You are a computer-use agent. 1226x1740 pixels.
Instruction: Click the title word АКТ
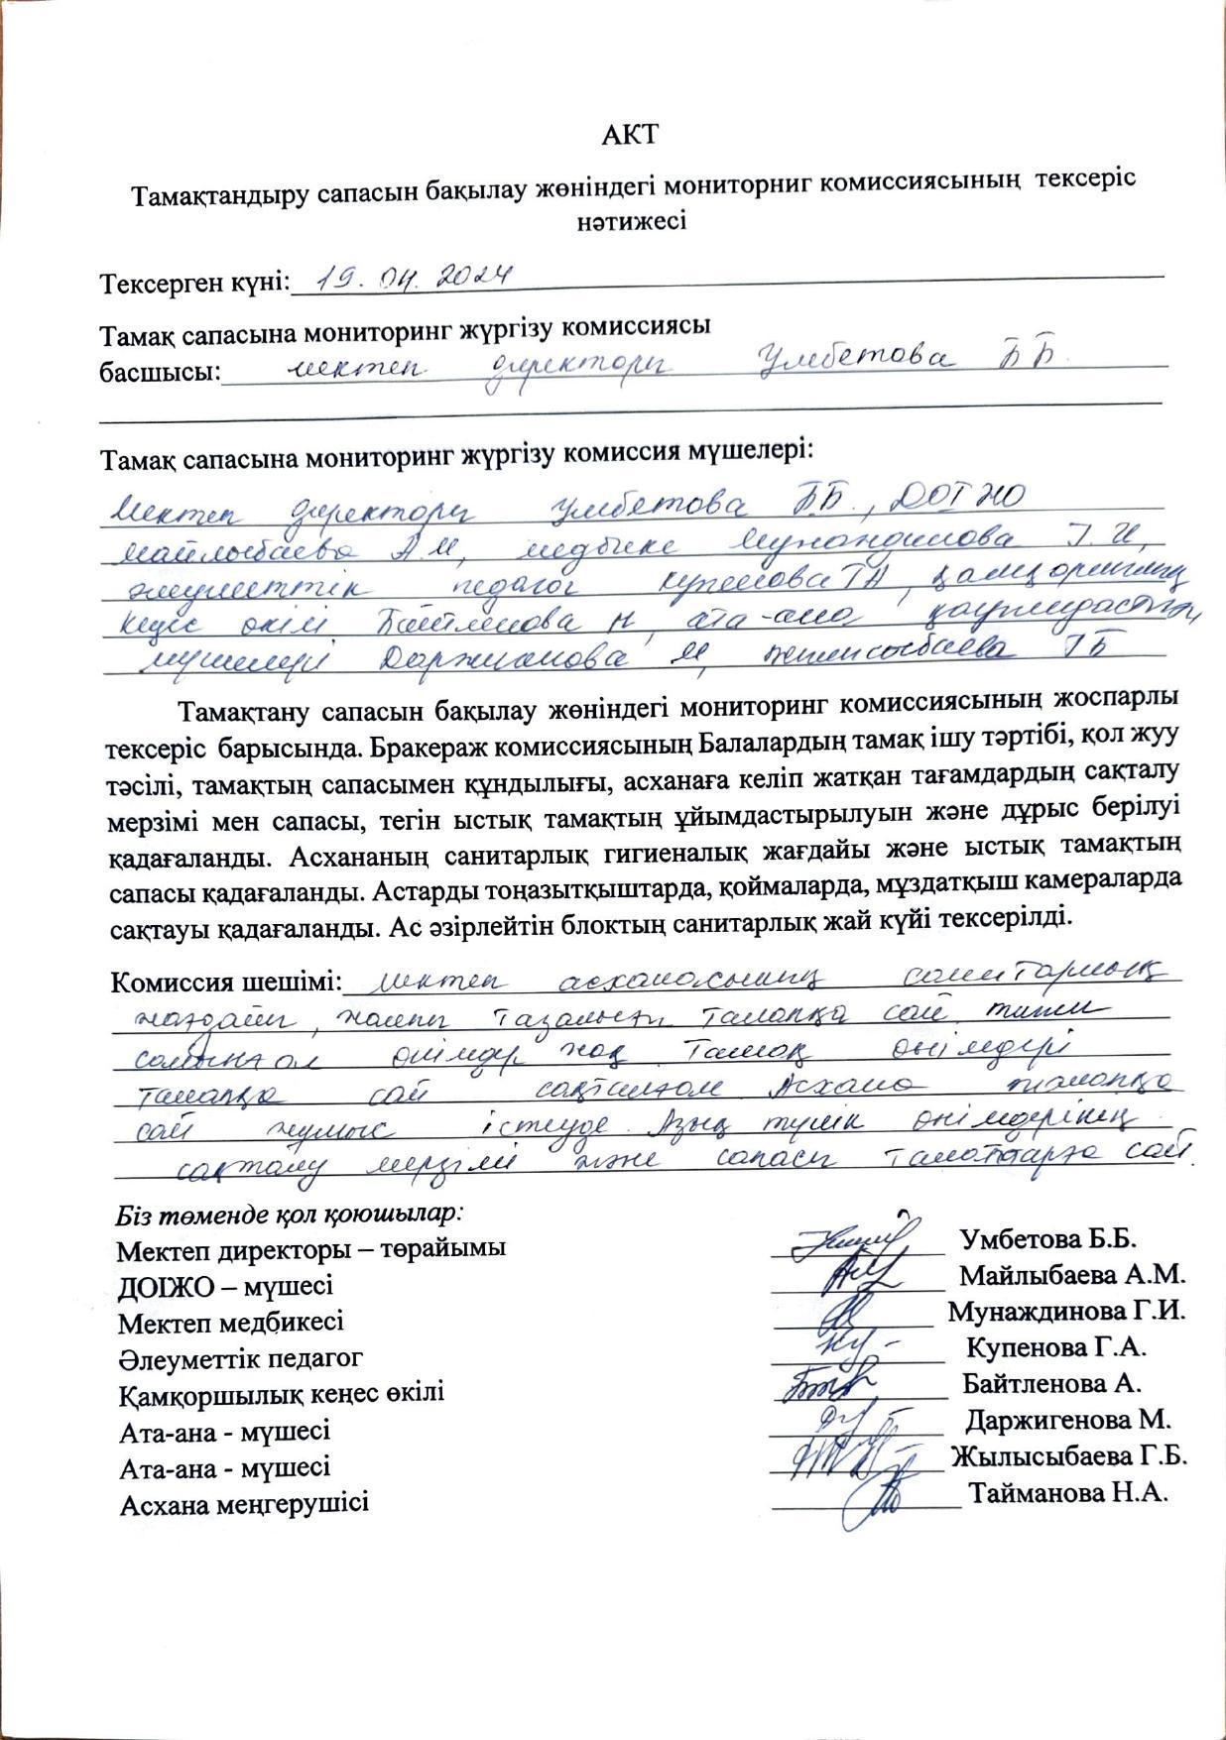(630, 134)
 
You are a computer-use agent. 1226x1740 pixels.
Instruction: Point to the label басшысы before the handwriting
(159, 373)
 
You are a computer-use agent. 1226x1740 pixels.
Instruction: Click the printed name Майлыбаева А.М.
(1071, 1275)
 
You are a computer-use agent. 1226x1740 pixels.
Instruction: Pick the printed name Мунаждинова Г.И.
(1066, 1311)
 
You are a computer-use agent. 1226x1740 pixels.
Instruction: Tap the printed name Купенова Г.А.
(1056, 1346)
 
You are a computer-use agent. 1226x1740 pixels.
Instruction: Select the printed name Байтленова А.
(1051, 1383)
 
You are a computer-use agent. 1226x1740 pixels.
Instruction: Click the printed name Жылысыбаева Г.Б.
(1068, 1456)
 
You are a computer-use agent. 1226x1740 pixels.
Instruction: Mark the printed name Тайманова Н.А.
(1068, 1492)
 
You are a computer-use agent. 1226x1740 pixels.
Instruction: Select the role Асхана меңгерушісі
(243, 1503)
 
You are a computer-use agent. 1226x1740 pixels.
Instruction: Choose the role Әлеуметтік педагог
(240, 1357)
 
